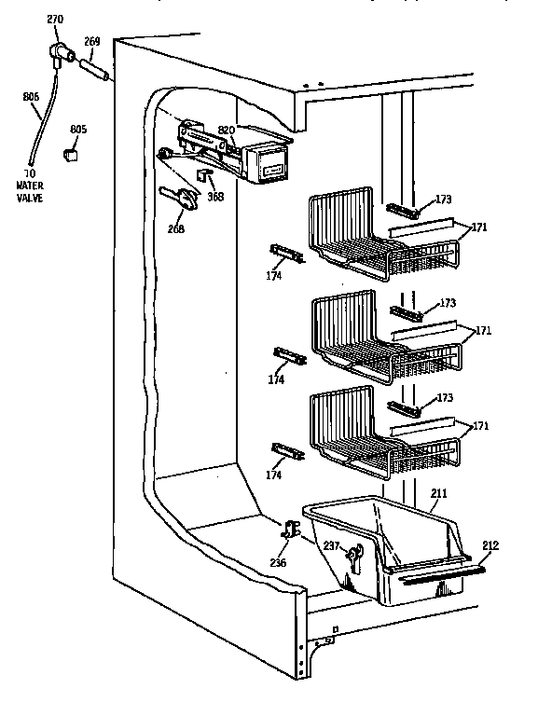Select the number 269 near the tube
(x=92, y=41)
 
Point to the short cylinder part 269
(x=94, y=70)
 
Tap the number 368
(x=214, y=198)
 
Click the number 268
(x=175, y=228)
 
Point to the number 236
(x=278, y=562)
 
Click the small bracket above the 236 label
(x=290, y=532)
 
